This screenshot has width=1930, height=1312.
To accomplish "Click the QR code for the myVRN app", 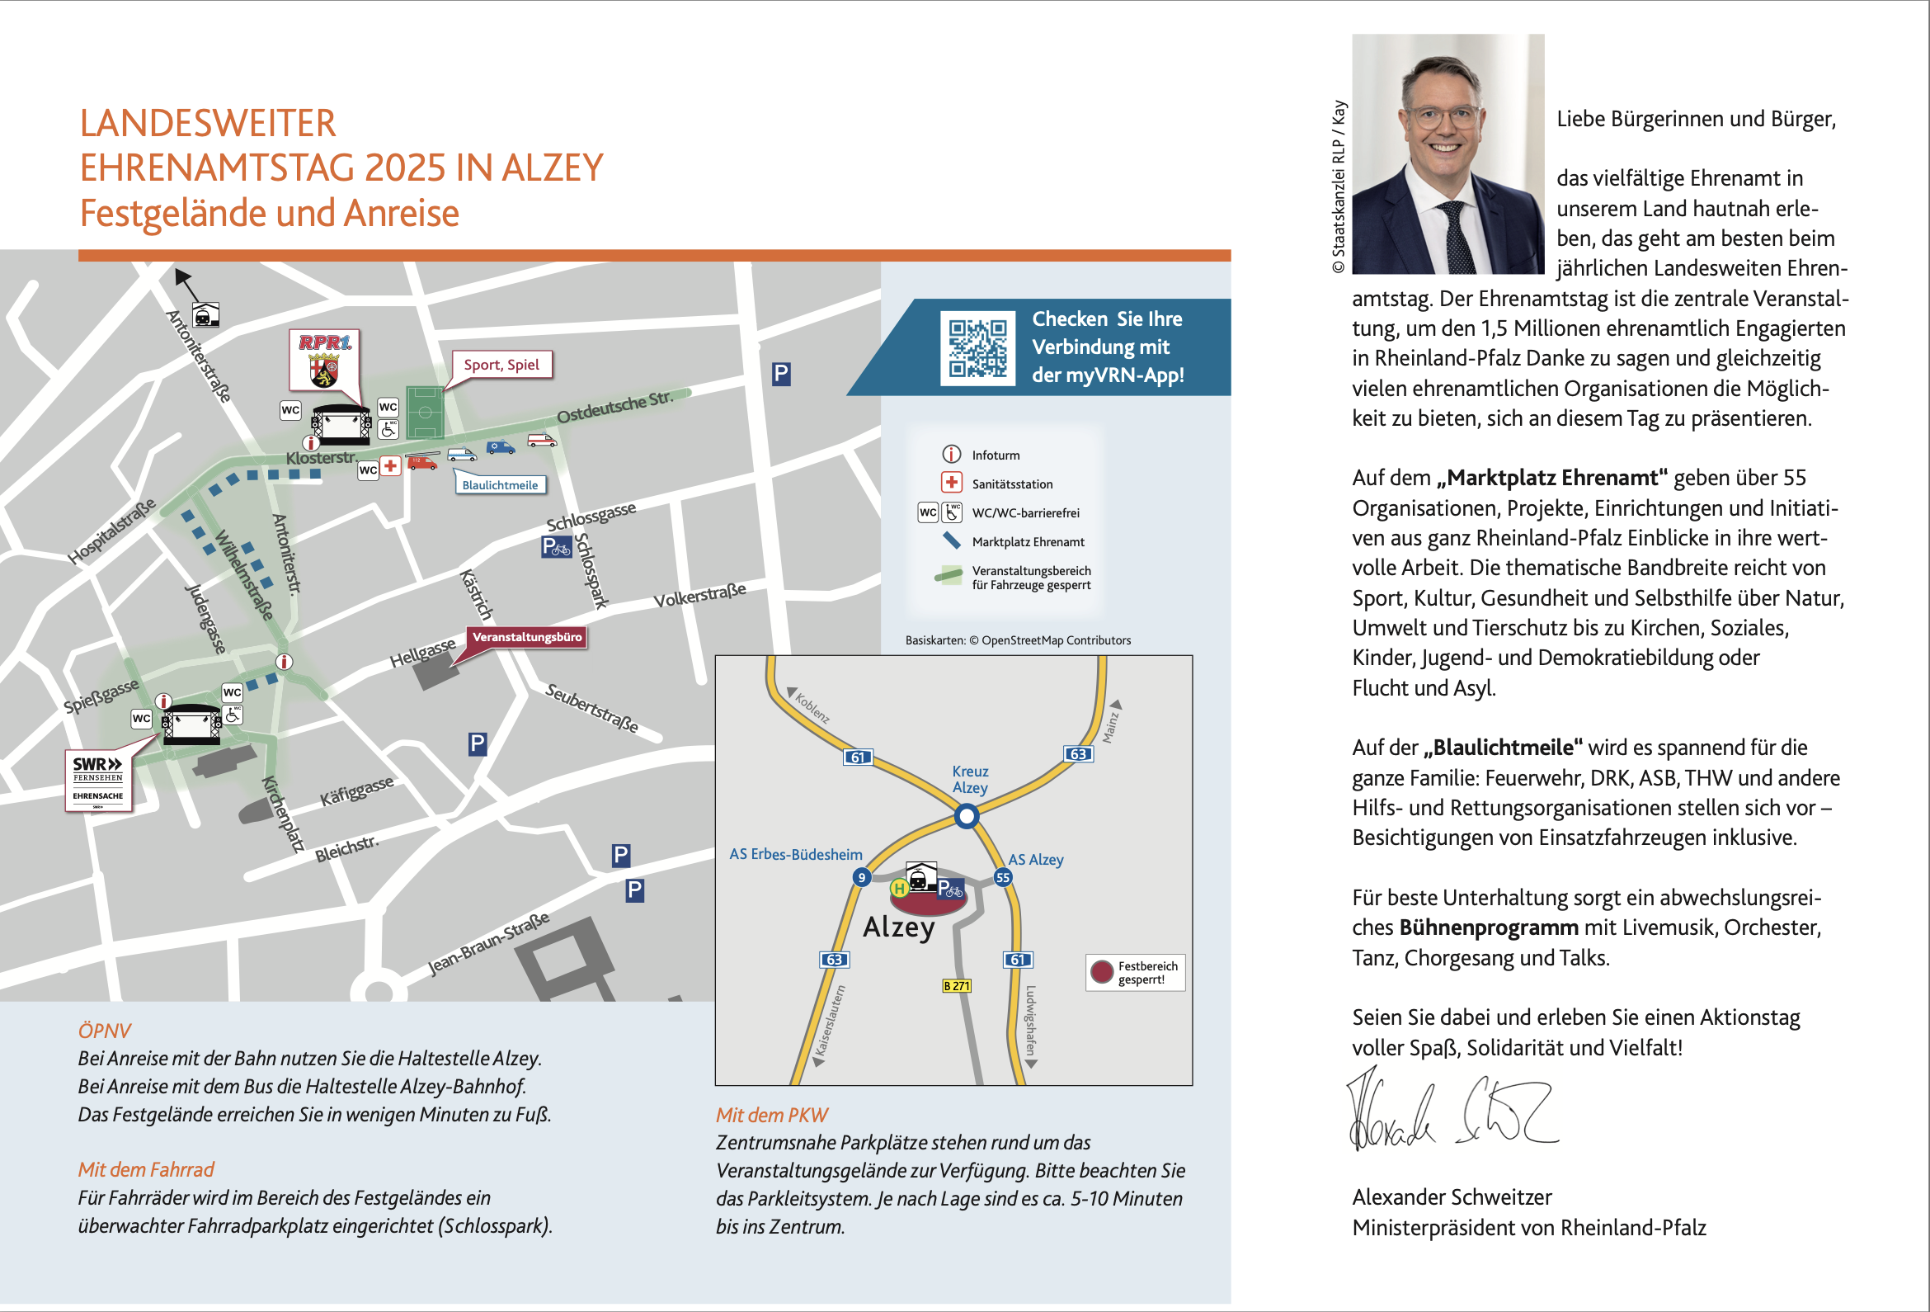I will [x=977, y=348].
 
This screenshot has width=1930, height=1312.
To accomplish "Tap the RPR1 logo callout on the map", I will [x=324, y=360].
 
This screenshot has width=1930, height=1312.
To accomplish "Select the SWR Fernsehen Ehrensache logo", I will [x=98, y=781].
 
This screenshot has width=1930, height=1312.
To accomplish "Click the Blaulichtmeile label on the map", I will [x=500, y=485].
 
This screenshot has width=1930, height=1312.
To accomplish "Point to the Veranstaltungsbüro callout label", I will [x=526, y=637].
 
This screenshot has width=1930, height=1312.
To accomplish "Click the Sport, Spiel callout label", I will [x=501, y=365].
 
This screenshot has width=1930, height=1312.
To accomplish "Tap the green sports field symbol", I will [x=426, y=412].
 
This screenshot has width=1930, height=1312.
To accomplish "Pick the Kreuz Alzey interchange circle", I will [x=967, y=817].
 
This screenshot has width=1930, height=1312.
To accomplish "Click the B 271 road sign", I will [x=957, y=986].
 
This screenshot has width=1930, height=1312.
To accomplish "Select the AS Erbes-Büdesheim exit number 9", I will [x=862, y=877].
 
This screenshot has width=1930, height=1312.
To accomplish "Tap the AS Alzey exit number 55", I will [x=1003, y=877].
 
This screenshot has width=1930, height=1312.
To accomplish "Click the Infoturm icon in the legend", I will [x=951, y=455].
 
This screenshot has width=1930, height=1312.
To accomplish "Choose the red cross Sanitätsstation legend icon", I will [x=951, y=483].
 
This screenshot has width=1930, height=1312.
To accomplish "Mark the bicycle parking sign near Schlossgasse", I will [x=557, y=547].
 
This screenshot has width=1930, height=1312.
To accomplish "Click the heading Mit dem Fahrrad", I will [x=146, y=1170].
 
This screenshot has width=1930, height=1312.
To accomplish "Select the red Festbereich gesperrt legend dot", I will [x=1101, y=972].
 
